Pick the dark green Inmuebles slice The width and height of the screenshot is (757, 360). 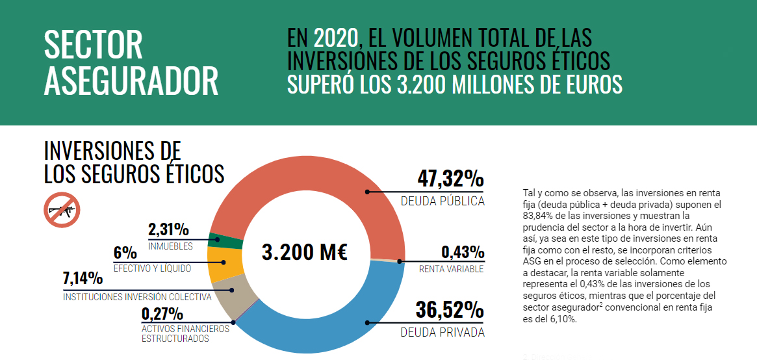(225, 241)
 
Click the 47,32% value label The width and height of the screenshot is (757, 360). (451, 179)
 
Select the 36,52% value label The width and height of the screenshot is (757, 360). (450, 311)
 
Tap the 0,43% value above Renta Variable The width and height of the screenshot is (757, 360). (463, 252)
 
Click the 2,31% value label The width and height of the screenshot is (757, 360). (168, 229)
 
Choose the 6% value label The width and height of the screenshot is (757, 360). (125, 253)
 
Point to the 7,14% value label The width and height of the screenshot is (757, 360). (83, 279)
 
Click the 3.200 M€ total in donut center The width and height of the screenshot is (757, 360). (305, 252)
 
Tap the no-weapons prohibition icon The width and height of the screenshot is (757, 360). (62, 210)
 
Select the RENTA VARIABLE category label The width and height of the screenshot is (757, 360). (451, 269)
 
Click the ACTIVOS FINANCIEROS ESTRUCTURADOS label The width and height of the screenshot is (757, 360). (185, 333)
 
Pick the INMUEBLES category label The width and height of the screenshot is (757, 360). (170, 246)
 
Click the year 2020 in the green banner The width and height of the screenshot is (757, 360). (335, 38)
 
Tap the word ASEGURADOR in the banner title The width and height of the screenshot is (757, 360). (131, 81)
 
